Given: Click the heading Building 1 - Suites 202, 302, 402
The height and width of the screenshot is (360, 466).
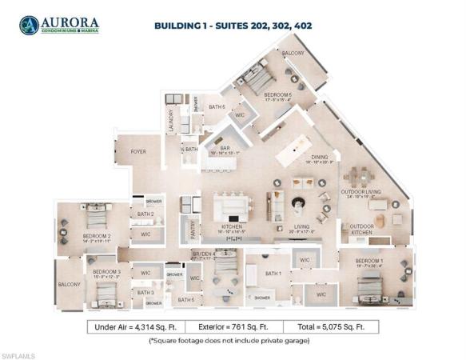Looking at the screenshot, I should coord(233,26).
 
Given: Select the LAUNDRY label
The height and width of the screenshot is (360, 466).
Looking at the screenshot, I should coord(170,121).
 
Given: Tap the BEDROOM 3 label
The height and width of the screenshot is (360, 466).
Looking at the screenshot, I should coord(106,272).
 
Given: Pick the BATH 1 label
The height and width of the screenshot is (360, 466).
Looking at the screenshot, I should coord(273,274).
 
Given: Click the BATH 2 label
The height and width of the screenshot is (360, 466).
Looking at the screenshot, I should coord(145,214).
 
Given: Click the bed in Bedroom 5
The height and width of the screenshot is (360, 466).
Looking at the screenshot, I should coord(257,80).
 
